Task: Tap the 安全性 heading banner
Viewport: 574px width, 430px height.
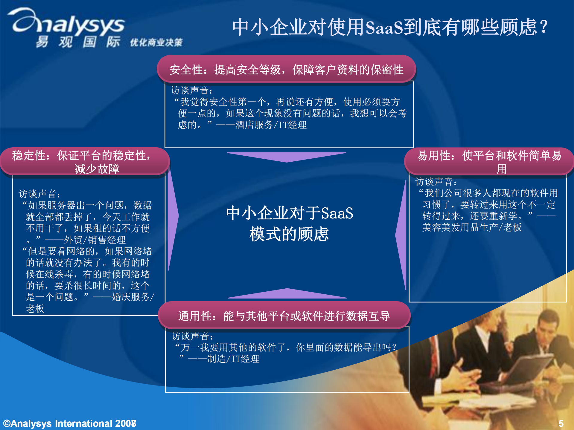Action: tap(286, 69)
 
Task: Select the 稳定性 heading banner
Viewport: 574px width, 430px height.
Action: tap(85, 161)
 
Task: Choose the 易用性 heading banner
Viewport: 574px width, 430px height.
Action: tap(489, 161)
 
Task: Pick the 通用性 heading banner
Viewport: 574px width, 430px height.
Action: tap(284, 316)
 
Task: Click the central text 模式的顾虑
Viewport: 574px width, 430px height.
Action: tap(289, 234)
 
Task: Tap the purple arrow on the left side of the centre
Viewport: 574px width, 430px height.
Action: tap(173, 218)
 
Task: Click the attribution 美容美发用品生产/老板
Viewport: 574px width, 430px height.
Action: tap(472, 227)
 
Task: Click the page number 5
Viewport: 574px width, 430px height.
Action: tap(561, 423)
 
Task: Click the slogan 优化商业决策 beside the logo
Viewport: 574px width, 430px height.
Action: tap(156, 42)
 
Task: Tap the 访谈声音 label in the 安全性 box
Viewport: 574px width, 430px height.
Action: tap(191, 90)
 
